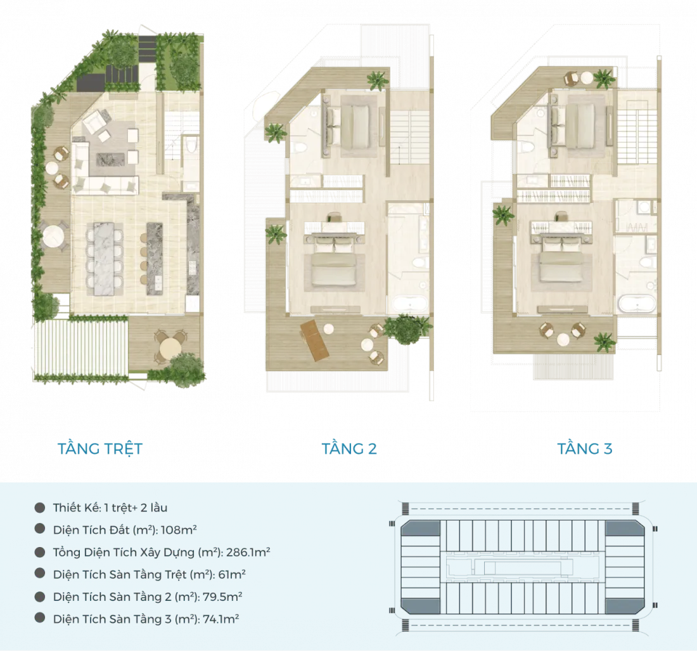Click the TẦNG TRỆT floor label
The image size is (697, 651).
click(x=100, y=448)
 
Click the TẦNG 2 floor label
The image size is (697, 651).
click(x=349, y=449)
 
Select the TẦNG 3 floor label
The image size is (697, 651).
click(x=585, y=449)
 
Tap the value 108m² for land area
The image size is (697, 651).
click(x=179, y=529)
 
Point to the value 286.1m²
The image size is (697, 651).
click(x=248, y=552)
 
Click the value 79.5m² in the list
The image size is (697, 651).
click(x=222, y=596)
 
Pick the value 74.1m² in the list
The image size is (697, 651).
click(x=221, y=619)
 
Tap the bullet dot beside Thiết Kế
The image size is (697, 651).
click(x=40, y=507)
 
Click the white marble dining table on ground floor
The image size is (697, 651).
click(x=105, y=259)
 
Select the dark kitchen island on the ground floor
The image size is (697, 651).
click(x=155, y=259)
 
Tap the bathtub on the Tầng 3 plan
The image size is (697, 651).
click(x=636, y=304)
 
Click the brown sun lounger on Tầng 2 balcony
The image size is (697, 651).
click(x=315, y=340)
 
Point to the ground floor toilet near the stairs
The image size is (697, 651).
click(x=191, y=145)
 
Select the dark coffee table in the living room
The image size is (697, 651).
click(x=111, y=159)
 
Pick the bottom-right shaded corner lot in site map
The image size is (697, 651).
click(x=625, y=606)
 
